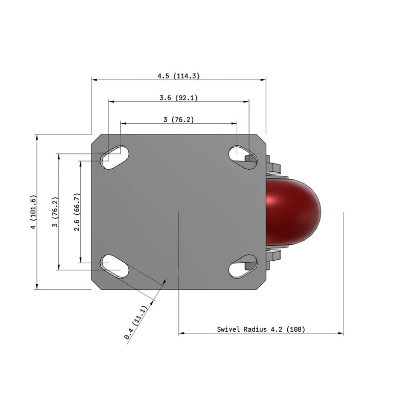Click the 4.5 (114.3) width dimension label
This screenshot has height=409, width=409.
[x=178, y=76]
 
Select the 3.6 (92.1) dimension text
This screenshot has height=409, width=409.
[x=178, y=97]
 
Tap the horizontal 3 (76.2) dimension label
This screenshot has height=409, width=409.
[x=178, y=120]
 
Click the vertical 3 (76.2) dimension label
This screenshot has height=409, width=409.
[x=55, y=212]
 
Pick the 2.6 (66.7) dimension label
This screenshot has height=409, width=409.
[x=77, y=212]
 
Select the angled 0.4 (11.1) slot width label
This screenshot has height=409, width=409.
[x=136, y=322]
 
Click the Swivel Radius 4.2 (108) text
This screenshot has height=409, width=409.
[x=261, y=329]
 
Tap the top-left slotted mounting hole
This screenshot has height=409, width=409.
[x=115, y=157]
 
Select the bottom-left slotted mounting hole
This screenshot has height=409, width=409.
[x=115, y=266]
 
